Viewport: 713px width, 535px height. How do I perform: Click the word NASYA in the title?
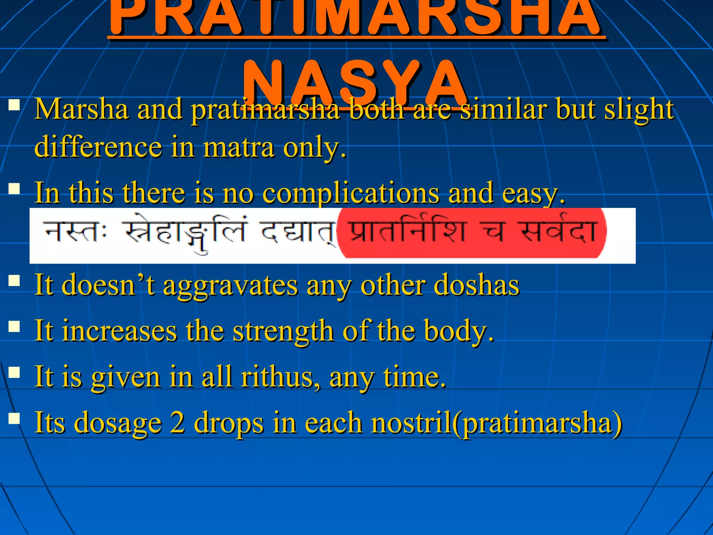pyautogui.click(x=355, y=84)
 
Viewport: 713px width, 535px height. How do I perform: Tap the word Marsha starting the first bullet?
pyautogui.click(x=81, y=109)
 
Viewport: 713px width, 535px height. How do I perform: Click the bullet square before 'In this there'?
pyautogui.click(x=14, y=189)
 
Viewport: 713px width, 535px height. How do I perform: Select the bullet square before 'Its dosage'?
pyautogui.click(x=14, y=418)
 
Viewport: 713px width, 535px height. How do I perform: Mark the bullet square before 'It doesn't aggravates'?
pyautogui.click(x=14, y=281)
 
